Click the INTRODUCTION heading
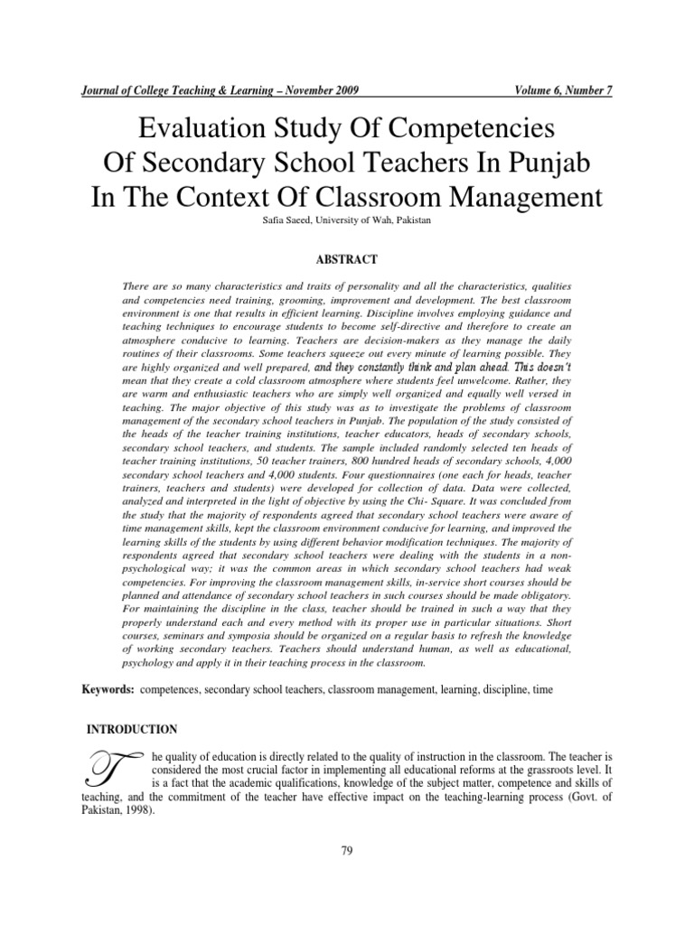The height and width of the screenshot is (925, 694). click(x=131, y=729)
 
